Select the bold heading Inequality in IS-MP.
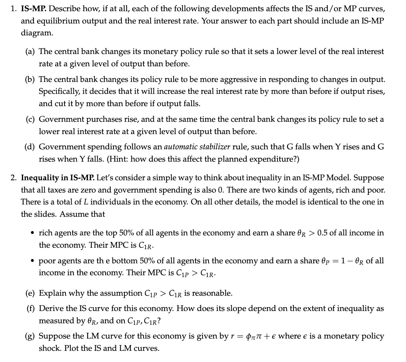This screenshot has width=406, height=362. pyautogui.click(x=57, y=178)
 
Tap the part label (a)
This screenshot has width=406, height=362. pyautogui.click(x=31, y=51)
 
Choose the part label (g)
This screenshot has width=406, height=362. pyautogui.click(x=31, y=336)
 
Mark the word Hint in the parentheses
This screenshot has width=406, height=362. pyautogui.click(x=122, y=159)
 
